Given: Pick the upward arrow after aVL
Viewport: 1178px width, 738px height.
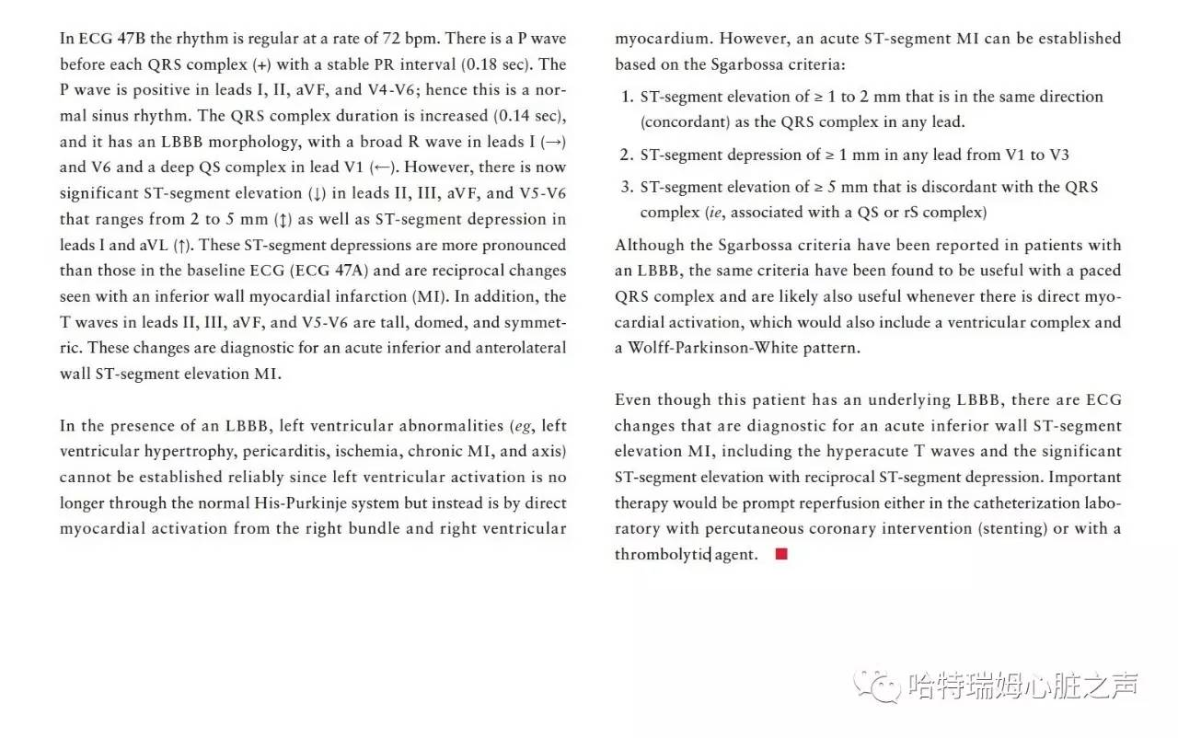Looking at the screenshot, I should [x=183, y=245].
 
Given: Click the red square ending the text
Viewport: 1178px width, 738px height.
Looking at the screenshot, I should [x=781, y=554].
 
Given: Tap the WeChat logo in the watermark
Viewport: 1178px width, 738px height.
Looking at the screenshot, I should [x=875, y=686].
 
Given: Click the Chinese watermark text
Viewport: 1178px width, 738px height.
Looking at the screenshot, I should [x=1022, y=686].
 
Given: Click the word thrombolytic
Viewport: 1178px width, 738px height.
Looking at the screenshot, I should [x=663, y=555].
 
